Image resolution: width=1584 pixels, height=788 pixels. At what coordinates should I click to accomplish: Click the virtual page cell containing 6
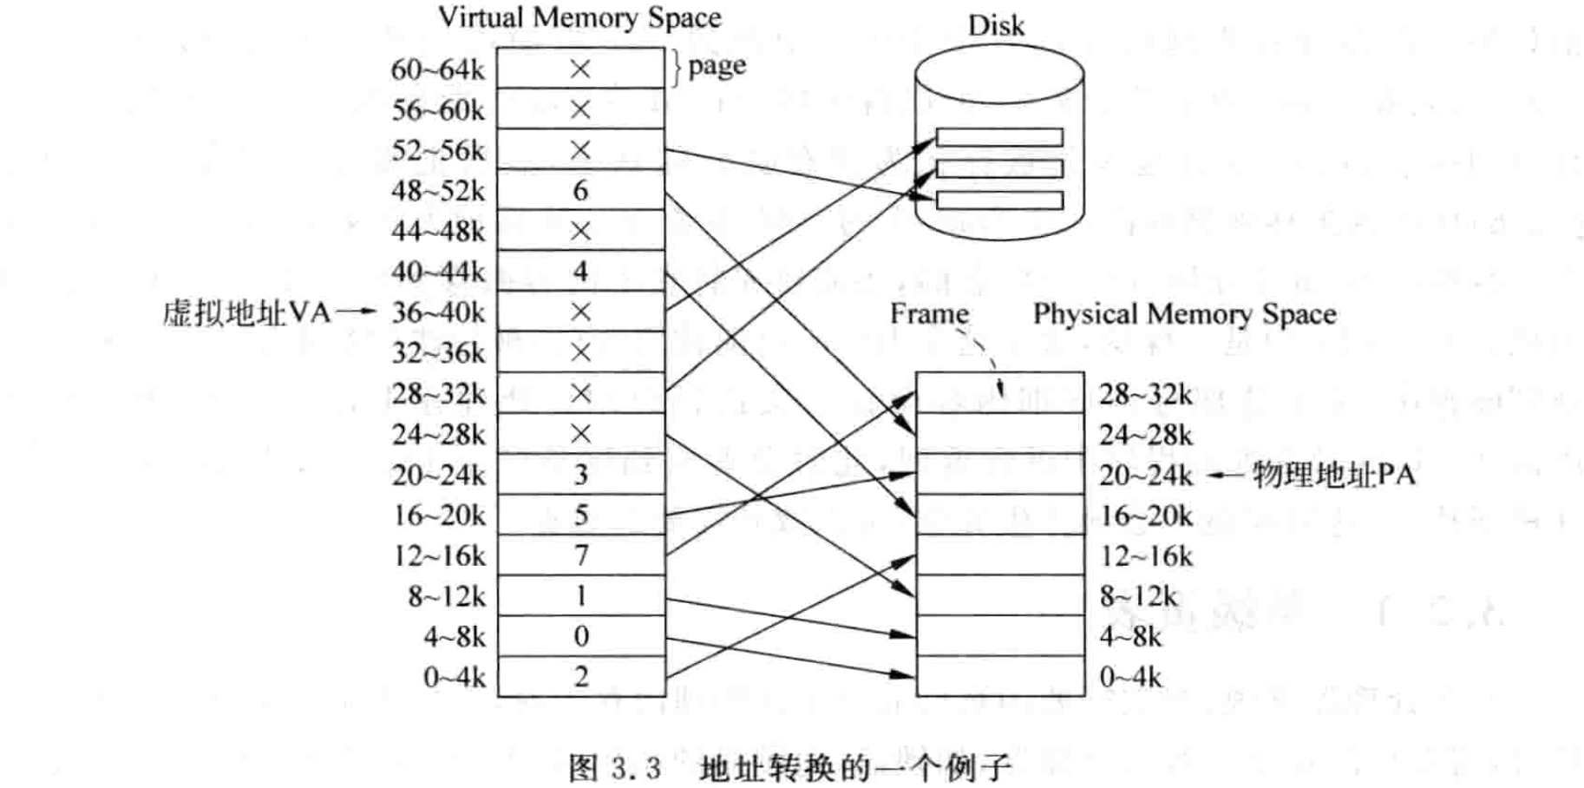click(580, 191)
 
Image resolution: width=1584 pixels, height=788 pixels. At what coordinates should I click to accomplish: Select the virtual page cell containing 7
click(580, 555)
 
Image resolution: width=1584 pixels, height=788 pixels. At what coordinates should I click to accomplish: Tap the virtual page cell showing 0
click(580, 636)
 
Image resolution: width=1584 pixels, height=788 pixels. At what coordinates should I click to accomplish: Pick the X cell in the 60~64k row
click(580, 69)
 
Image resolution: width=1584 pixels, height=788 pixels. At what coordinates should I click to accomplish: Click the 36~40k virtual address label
click(438, 312)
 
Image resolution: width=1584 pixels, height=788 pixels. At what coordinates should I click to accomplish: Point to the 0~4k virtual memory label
click(454, 677)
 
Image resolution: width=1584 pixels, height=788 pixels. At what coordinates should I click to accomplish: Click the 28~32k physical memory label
click(1145, 394)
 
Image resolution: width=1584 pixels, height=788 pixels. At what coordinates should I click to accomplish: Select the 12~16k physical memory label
click(1145, 556)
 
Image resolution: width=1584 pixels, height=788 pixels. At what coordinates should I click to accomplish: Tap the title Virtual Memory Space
click(579, 17)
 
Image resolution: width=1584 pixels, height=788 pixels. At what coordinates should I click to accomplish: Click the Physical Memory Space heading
click(1184, 313)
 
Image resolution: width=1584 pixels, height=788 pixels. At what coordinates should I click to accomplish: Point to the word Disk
click(996, 25)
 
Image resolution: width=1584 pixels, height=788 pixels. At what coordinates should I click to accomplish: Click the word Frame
click(929, 313)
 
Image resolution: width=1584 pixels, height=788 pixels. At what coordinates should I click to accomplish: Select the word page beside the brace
click(717, 66)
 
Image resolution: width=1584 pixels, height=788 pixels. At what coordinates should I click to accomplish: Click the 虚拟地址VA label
click(246, 312)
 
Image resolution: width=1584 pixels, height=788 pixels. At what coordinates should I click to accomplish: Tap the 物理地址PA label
click(1333, 475)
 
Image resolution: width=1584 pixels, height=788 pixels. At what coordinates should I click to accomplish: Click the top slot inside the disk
click(999, 137)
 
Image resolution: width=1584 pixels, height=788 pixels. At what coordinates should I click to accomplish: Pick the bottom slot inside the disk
click(999, 200)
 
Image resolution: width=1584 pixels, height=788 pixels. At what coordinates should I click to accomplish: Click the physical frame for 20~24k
click(999, 475)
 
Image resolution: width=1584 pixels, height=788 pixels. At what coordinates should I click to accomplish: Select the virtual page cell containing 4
click(580, 272)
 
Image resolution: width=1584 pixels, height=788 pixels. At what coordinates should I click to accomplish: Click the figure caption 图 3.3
click(614, 767)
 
